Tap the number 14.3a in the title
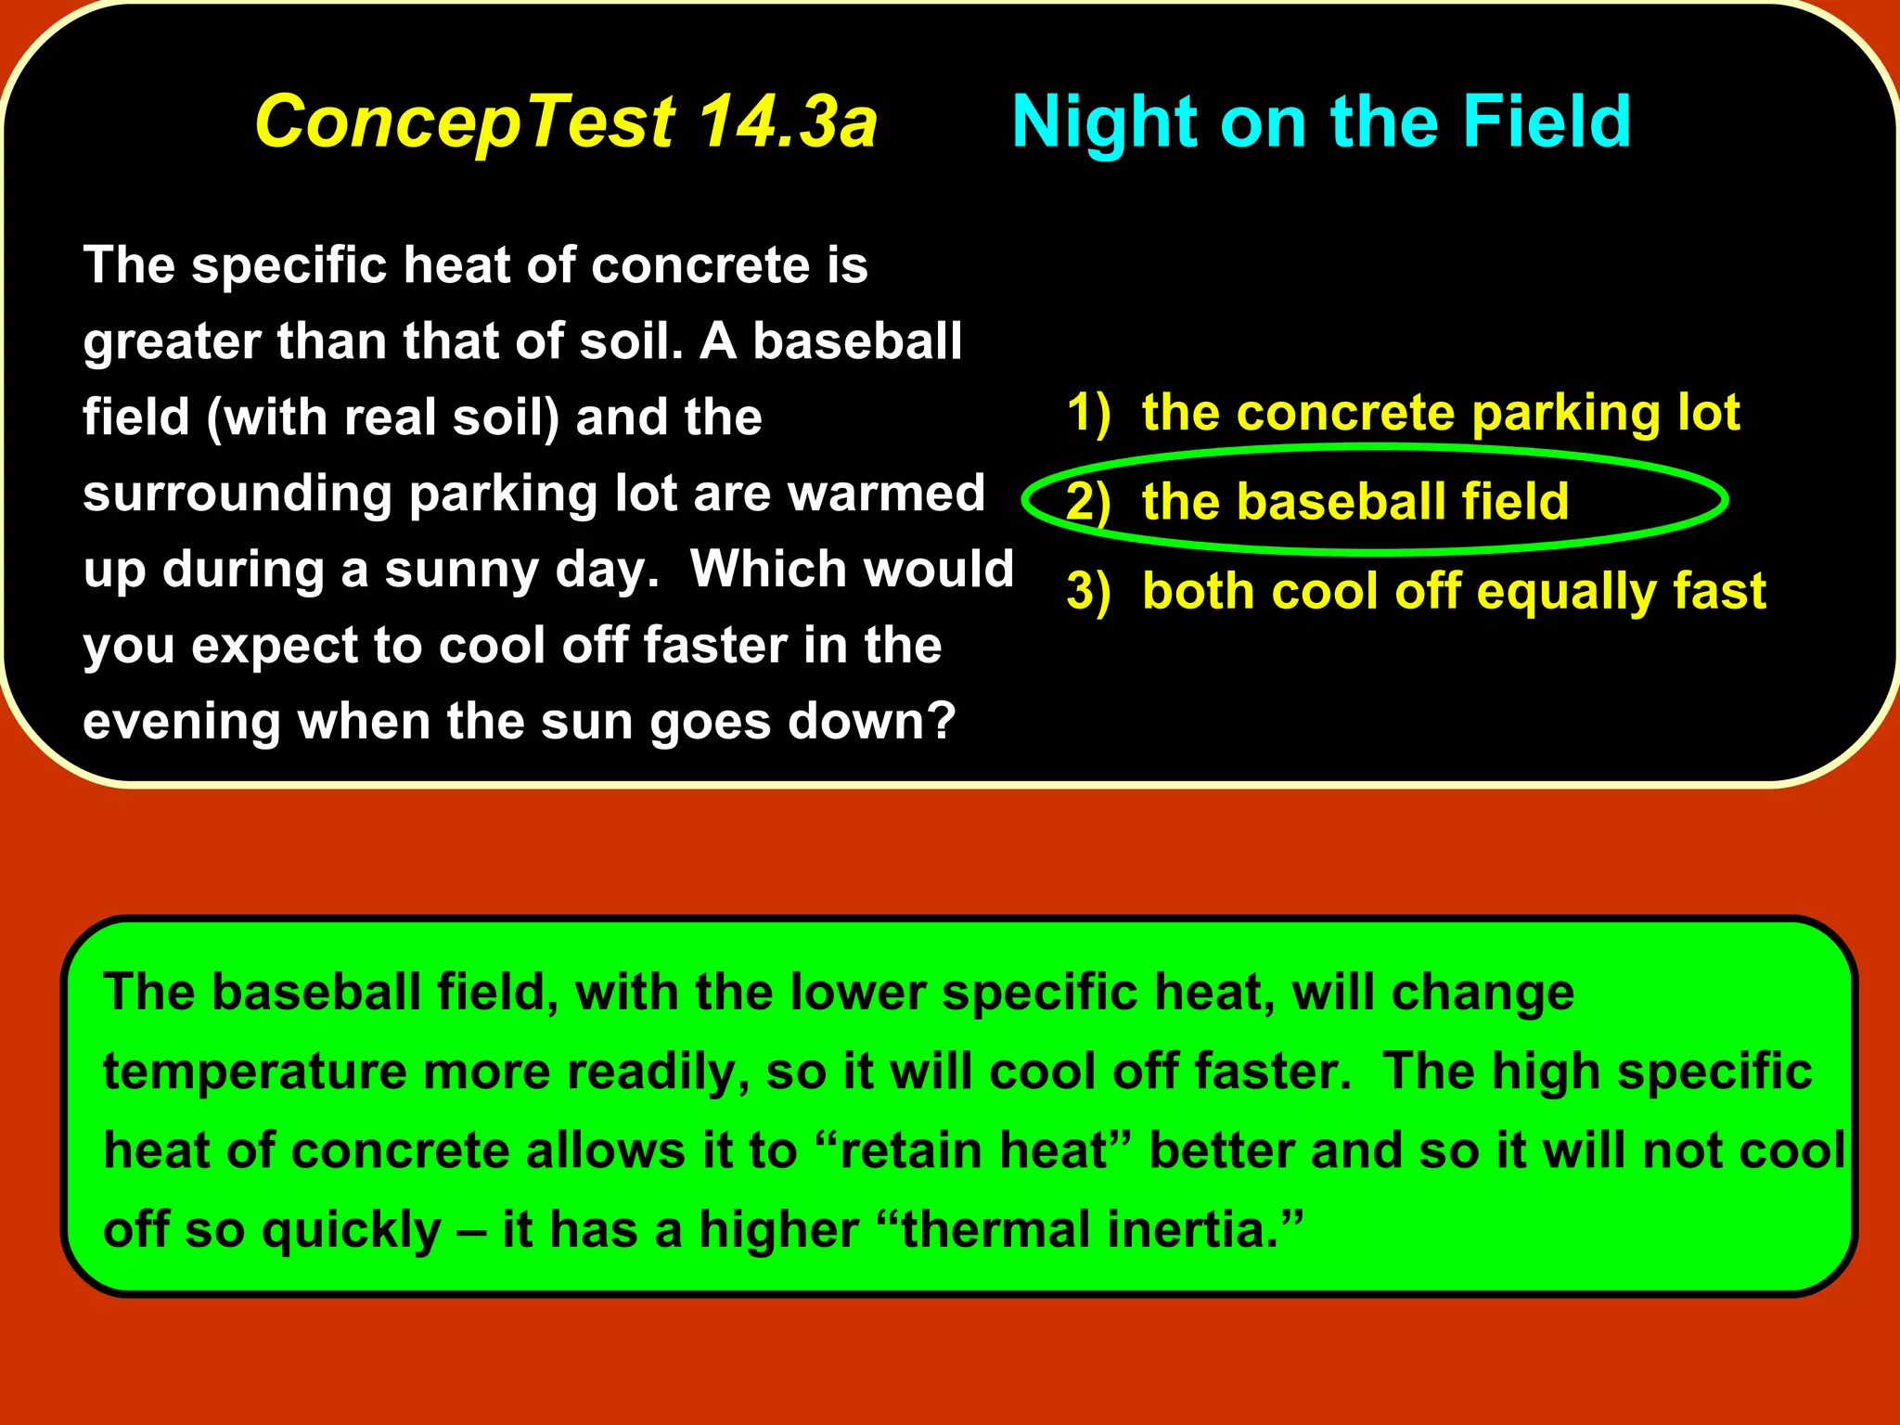pos(787,122)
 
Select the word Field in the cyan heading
pos(1546,122)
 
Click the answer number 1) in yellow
pos(1088,412)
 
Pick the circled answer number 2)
pos(1088,502)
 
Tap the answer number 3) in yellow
pos(1088,591)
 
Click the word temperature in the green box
pos(254,1072)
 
